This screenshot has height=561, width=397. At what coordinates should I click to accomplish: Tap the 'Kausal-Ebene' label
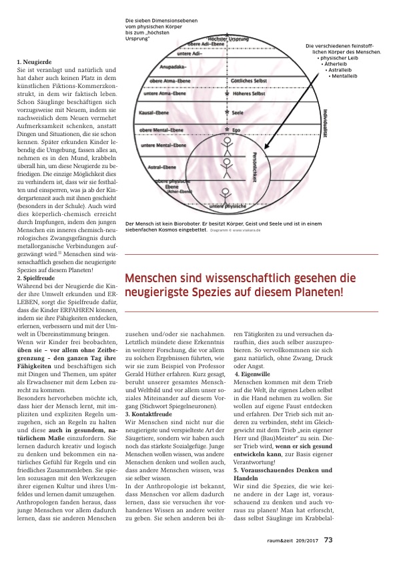click(153, 113)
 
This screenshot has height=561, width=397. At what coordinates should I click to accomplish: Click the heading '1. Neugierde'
click(35, 62)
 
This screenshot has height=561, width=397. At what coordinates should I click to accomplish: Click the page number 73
click(328, 540)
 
